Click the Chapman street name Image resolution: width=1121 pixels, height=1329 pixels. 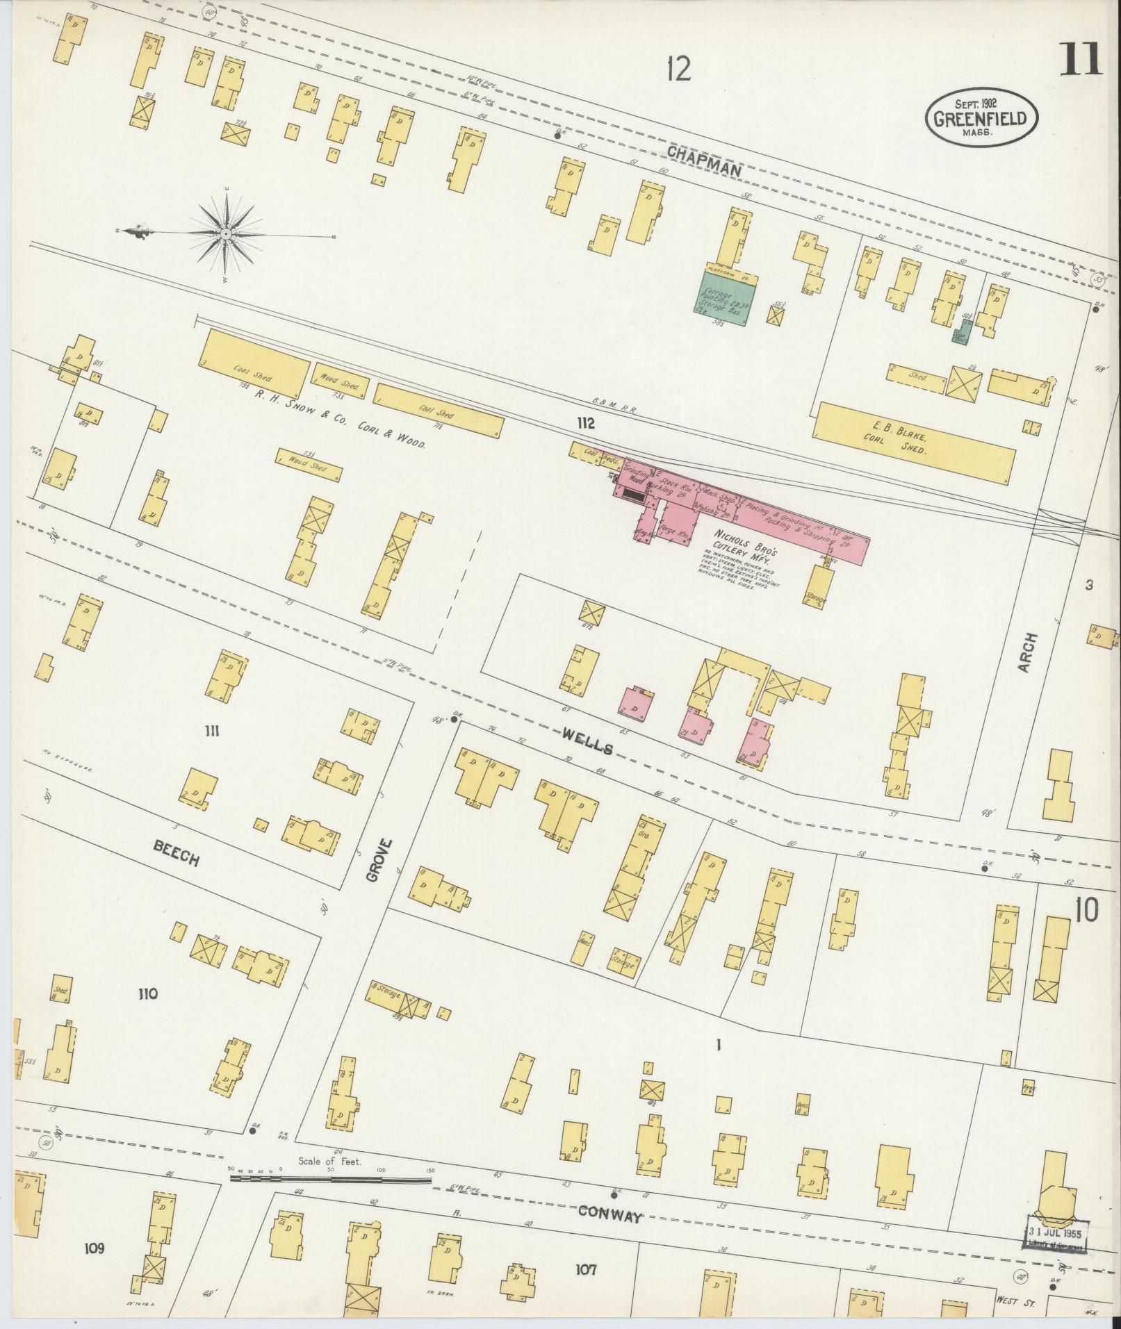(703, 158)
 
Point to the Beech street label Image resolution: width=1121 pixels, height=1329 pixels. (177, 852)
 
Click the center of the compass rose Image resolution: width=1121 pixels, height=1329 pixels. (227, 235)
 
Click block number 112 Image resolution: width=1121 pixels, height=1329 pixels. (585, 423)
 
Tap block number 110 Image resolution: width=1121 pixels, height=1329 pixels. (147, 994)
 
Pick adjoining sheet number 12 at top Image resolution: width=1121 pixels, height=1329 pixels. (678, 69)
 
